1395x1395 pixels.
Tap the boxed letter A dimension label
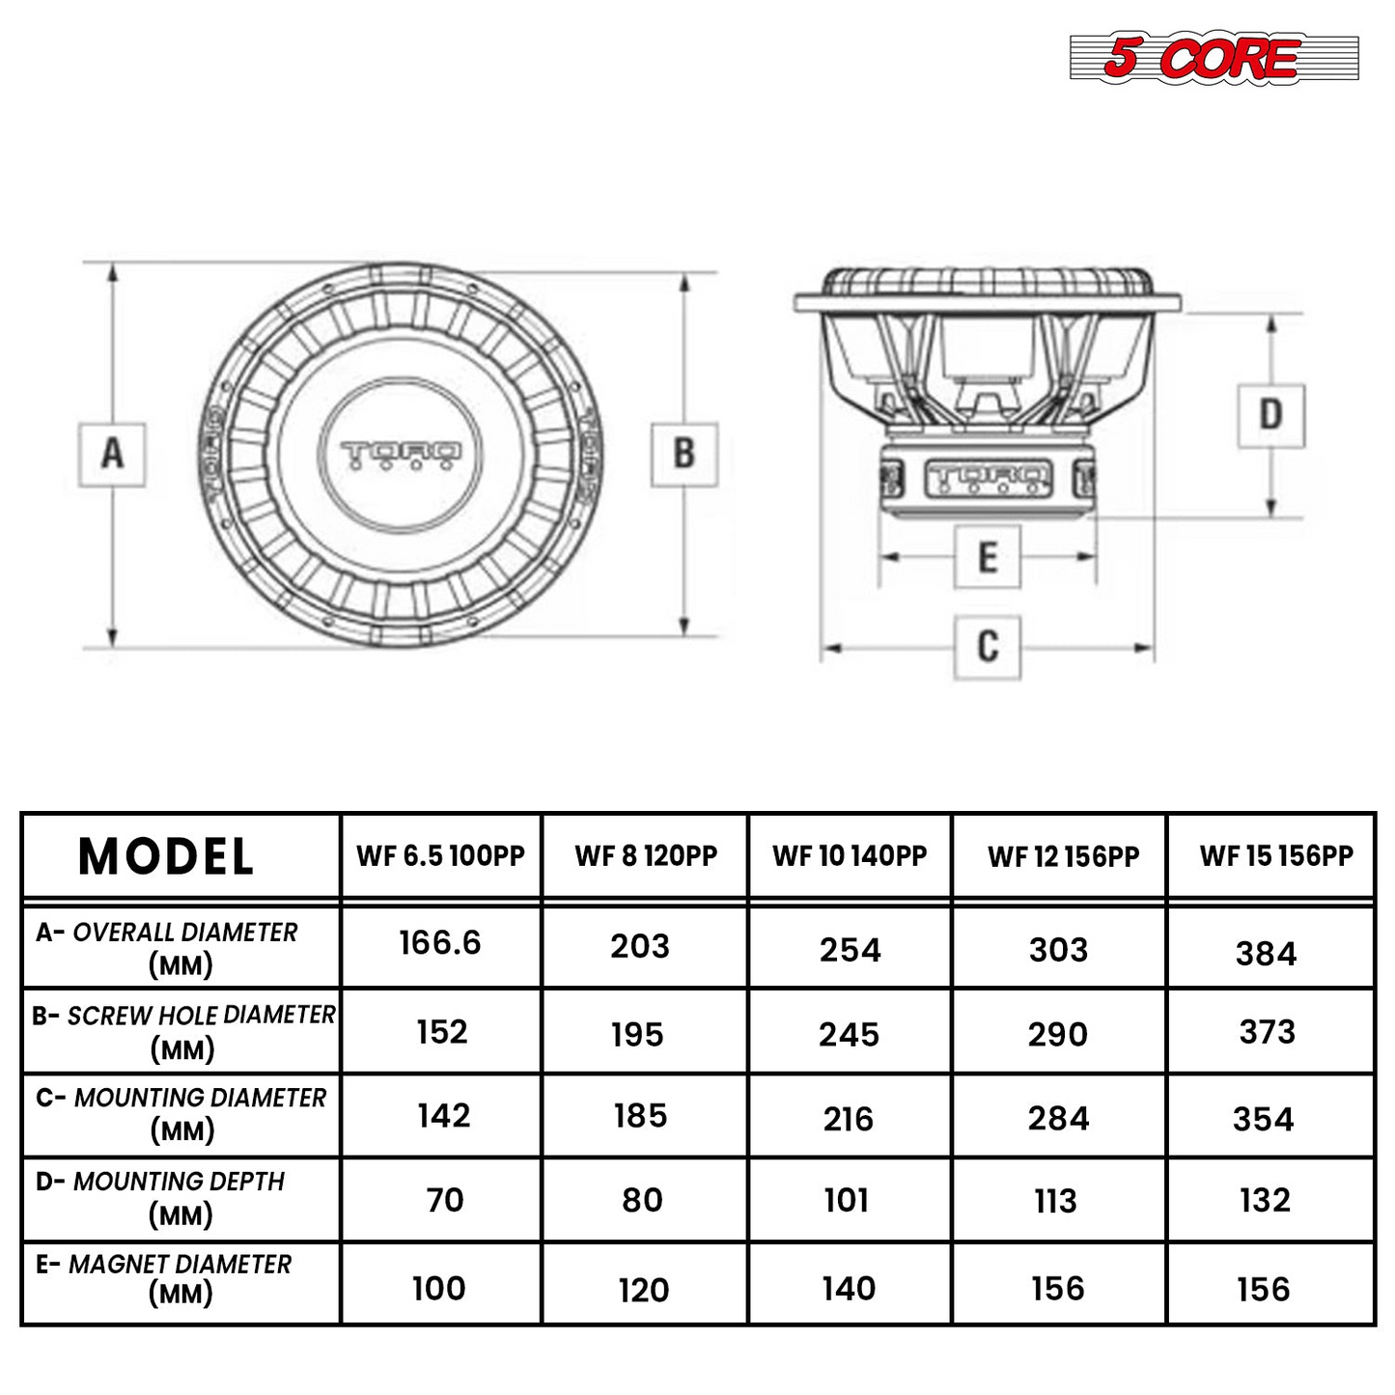(112, 455)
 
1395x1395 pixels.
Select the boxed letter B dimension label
(684, 454)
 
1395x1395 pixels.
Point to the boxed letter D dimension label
(1270, 415)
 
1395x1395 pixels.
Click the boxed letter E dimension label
(988, 557)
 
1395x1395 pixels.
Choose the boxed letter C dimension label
(988, 647)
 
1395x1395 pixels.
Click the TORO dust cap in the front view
(401, 455)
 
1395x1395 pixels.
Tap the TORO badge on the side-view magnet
(989, 479)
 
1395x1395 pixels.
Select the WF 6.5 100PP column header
(440, 855)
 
